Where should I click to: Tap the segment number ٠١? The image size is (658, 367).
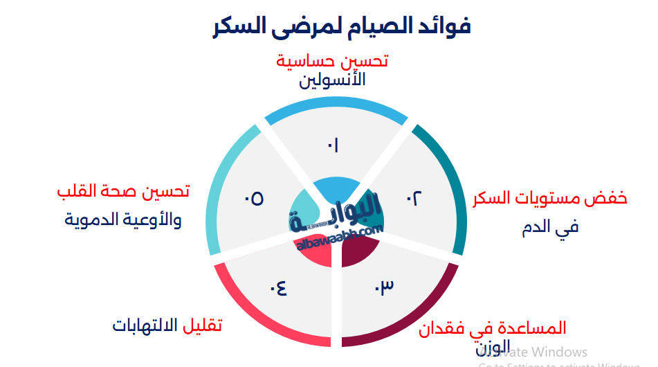[x=333, y=145]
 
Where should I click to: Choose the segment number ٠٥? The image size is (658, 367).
[x=253, y=199]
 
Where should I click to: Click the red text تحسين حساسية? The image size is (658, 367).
[x=332, y=61]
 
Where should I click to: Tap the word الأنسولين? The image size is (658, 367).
[x=332, y=80]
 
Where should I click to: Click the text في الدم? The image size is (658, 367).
[x=550, y=226]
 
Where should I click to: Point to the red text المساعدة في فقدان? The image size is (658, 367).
[x=492, y=328]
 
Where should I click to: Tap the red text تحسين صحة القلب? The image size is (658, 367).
[x=123, y=192]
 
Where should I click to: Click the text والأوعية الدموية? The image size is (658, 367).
[x=123, y=220]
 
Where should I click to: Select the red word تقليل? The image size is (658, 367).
[x=203, y=325]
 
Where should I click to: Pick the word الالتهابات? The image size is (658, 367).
[x=145, y=325]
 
